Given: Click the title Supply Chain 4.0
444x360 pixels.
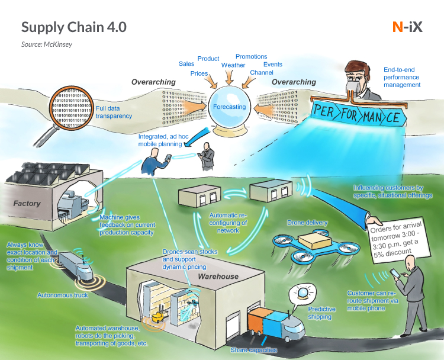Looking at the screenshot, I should tap(73, 27).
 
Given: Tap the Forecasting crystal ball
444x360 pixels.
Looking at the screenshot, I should tap(229, 108).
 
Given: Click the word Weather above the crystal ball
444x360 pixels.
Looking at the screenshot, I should tap(233, 65).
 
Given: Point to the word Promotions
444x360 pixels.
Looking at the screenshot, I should tap(251, 57).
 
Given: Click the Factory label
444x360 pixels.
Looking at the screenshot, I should tap(27, 204).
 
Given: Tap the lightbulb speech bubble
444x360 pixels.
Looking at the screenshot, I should tap(302, 292).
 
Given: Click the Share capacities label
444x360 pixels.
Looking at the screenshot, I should tap(253, 350).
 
